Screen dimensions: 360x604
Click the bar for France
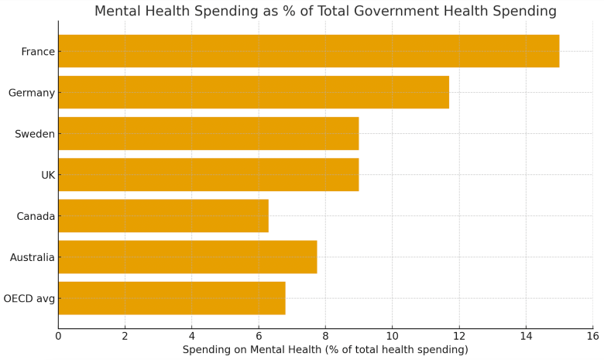(x=308, y=51)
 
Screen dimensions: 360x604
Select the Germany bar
(x=253, y=92)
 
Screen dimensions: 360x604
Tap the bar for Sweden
(x=208, y=133)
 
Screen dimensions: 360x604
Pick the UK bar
(x=208, y=174)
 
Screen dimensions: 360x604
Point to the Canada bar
(x=163, y=215)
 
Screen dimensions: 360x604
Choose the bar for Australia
(x=187, y=256)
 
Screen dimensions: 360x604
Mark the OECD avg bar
(x=171, y=297)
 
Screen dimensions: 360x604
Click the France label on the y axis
(x=38, y=52)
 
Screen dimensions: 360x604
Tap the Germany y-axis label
(x=31, y=93)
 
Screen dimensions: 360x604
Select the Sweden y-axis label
(x=35, y=134)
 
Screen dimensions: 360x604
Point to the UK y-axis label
(x=47, y=175)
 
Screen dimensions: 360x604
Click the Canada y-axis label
(x=36, y=216)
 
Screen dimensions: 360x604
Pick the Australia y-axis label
(x=32, y=257)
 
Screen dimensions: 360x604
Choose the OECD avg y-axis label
(x=29, y=298)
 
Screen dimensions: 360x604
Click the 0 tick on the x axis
(x=58, y=336)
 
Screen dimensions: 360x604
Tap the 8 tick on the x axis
(x=325, y=336)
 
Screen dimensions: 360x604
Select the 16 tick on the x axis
(x=592, y=336)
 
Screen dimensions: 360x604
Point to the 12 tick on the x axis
(x=459, y=336)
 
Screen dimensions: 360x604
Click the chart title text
(x=325, y=11)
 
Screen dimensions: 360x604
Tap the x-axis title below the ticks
(x=325, y=350)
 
